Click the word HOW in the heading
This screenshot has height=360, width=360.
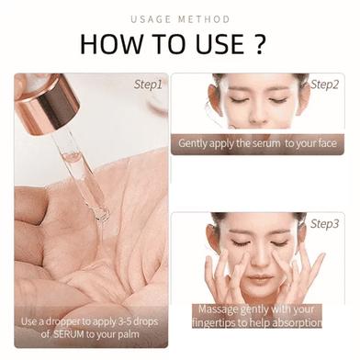click(111, 44)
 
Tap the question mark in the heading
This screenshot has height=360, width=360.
click(259, 44)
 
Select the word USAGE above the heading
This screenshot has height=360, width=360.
click(151, 19)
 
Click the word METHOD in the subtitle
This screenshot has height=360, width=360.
click(204, 19)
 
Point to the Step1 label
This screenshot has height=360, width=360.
click(148, 84)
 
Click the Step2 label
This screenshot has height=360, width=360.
click(325, 84)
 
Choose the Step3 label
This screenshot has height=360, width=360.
click(325, 224)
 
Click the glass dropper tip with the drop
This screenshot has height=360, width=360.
click(102, 213)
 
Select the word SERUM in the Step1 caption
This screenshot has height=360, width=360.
click(69, 334)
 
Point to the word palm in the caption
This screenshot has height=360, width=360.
click(129, 334)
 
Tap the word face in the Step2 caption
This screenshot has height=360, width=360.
click(326, 143)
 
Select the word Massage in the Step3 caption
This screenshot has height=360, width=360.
click(219, 309)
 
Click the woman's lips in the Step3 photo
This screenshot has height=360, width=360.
click(260, 279)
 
